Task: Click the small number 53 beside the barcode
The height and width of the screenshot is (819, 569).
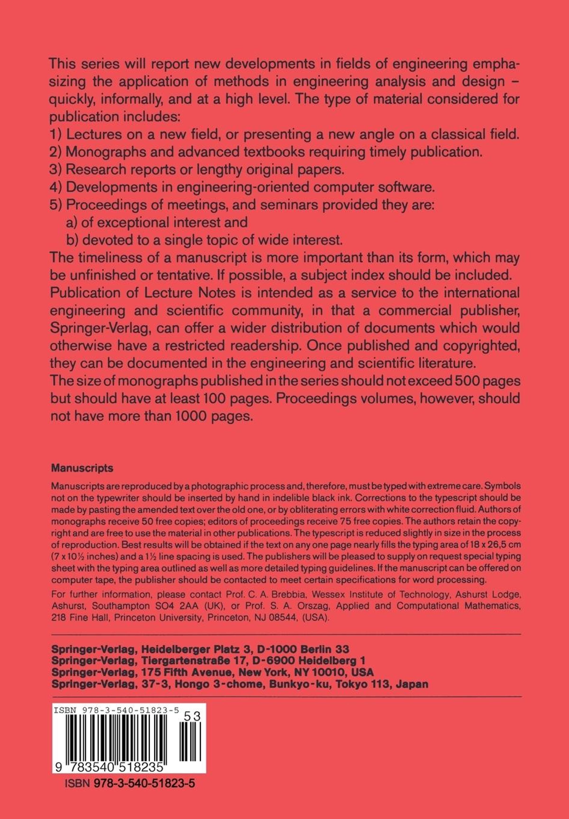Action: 193,717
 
